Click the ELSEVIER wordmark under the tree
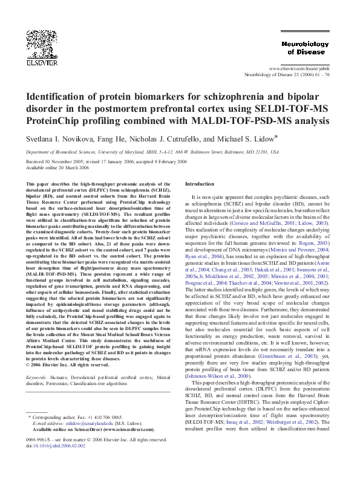[x=38, y=62]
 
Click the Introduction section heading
[x=200, y=184]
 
